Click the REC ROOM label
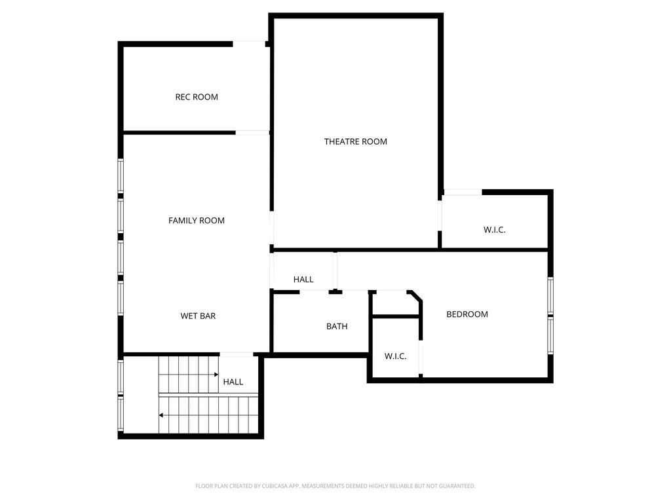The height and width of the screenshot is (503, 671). pyautogui.click(x=197, y=97)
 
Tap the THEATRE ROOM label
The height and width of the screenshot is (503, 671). pyautogui.click(x=356, y=141)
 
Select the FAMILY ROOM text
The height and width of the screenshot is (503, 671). pyautogui.click(x=197, y=221)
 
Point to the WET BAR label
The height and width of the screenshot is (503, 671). pyautogui.click(x=198, y=316)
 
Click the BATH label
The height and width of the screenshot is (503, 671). pyautogui.click(x=337, y=326)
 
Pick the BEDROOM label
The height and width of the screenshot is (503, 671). pyautogui.click(x=467, y=314)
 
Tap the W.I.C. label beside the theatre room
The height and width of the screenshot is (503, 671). pyautogui.click(x=495, y=230)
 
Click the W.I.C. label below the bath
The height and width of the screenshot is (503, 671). pyautogui.click(x=395, y=356)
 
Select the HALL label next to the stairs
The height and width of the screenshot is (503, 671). pyautogui.click(x=233, y=382)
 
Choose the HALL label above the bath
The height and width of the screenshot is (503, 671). pyautogui.click(x=303, y=280)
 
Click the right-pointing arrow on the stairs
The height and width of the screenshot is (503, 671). pyautogui.click(x=189, y=375)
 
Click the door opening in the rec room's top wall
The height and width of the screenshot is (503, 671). pyautogui.click(x=249, y=44)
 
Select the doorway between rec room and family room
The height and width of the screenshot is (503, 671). pyautogui.click(x=252, y=132)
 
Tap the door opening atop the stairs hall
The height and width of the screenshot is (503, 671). pyautogui.click(x=236, y=354)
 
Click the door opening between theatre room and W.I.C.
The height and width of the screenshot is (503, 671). pyautogui.click(x=440, y=215)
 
